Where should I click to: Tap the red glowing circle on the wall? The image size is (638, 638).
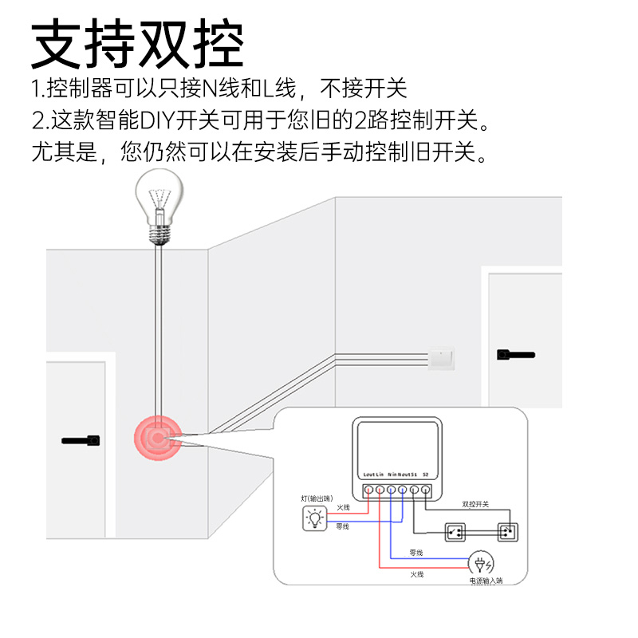159,438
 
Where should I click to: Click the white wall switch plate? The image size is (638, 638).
443,360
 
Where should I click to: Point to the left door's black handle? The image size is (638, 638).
81,439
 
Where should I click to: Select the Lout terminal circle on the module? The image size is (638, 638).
369,489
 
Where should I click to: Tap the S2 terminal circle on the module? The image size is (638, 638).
425,489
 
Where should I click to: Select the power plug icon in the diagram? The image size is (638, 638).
480,564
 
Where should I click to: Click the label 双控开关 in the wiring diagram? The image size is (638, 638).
475,505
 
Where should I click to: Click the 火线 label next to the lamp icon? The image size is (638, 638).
343,507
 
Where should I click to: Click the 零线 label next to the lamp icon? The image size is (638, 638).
343,526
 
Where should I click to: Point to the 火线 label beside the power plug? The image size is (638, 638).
417,574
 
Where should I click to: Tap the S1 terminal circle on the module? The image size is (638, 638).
414,489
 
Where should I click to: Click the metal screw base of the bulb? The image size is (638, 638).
159,232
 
